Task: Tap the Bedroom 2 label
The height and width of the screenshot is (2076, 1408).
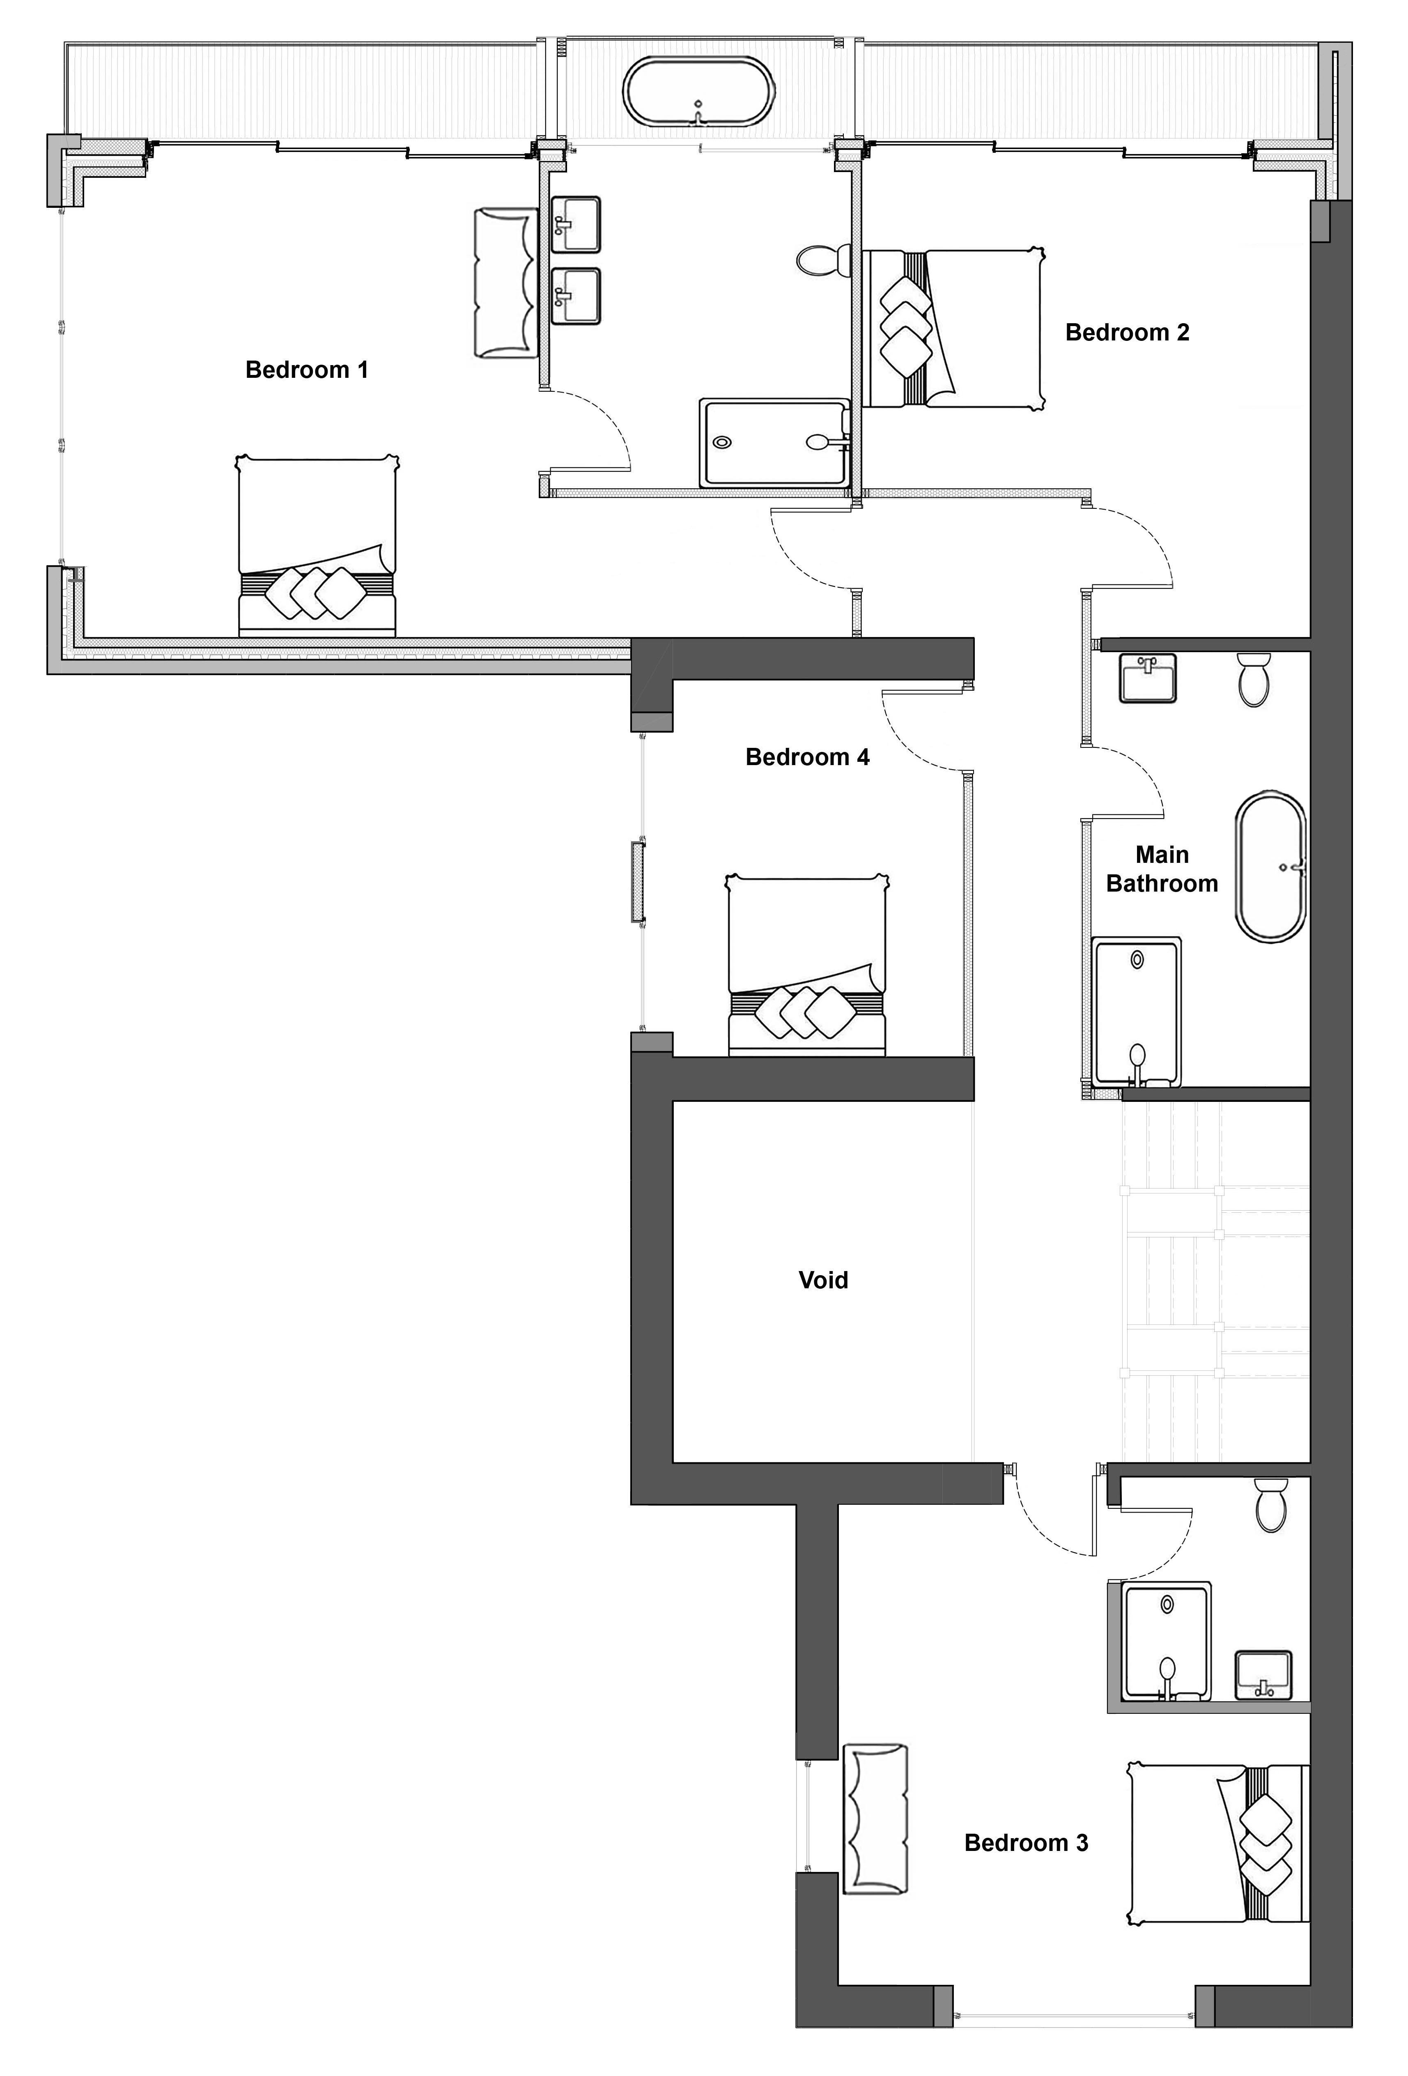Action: tap(1127, 332)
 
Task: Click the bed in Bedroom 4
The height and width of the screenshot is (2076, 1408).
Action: tap(807, 965)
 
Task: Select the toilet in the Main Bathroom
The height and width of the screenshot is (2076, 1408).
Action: tap(1254, 679)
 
